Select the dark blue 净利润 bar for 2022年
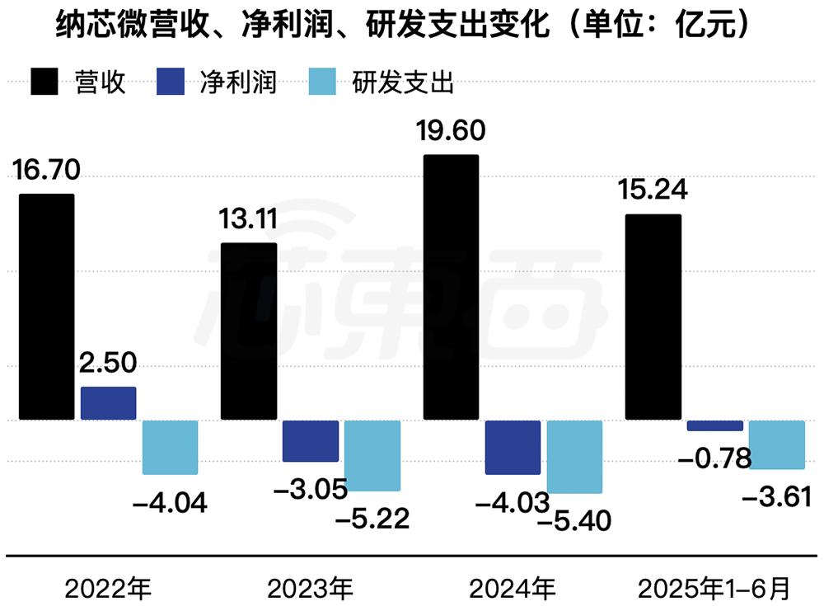pyautogui.click(x=108, y=403)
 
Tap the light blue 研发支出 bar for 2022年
pyautogui.click(x=170, y=447)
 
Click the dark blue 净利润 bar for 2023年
pyautogui.click(x=310, y=440)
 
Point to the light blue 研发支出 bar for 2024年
pyautogui.click(x=574, y=457)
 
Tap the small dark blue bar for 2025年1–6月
pyautogui.click(x=714, y=425)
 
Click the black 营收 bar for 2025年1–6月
pyautogui.click(x=653, y=317)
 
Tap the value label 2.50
pyautogui.click(x=108, y=364)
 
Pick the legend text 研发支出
pyautogui.click(x=404, y=82)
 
